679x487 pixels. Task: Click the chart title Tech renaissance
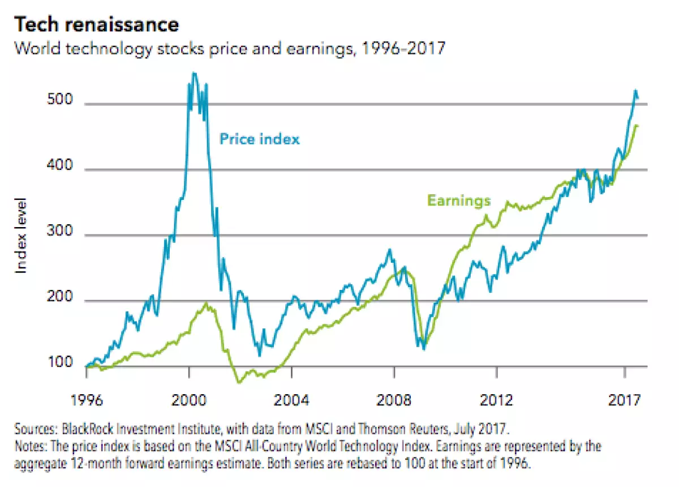pyautogui.click(x=96, y=24)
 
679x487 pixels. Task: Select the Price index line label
pyautogui.click(x=259, y=139)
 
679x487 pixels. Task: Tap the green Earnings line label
pyautogui.click(x=458, y=200)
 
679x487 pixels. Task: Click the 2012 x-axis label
pyautogui.click(x=496, y=400)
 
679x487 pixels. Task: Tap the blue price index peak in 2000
pyautogui.click(x=194, y=74)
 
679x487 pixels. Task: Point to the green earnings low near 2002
pyautogui.click(x=239, y=382)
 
